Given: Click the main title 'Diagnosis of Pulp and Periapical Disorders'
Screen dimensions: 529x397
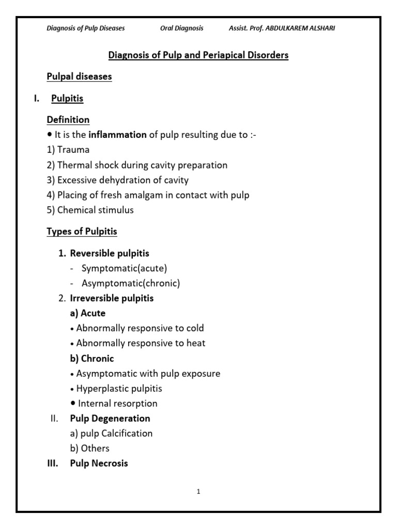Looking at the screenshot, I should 198,55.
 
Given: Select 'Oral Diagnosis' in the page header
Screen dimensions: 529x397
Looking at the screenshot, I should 181,28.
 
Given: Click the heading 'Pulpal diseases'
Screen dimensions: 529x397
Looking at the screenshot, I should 79,76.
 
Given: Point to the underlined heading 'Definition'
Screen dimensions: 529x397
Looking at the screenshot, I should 68,120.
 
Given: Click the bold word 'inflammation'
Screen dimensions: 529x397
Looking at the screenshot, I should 117,135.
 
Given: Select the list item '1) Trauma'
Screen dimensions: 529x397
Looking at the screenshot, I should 68,150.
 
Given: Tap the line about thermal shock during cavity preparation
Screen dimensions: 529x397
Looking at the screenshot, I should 137,165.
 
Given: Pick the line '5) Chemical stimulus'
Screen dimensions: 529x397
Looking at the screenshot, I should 90,210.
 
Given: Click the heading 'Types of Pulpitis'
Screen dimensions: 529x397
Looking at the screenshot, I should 82,232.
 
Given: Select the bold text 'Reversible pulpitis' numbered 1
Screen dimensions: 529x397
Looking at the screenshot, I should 110,254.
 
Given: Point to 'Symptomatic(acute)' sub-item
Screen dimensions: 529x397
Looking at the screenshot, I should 124,269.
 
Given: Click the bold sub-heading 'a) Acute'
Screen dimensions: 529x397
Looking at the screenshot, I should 88,313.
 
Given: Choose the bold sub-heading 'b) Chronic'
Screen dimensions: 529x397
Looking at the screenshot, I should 92,358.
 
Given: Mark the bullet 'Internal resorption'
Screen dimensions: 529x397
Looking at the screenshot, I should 117,403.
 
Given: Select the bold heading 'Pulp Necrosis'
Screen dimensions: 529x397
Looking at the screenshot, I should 99,463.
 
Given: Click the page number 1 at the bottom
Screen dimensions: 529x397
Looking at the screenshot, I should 198,492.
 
